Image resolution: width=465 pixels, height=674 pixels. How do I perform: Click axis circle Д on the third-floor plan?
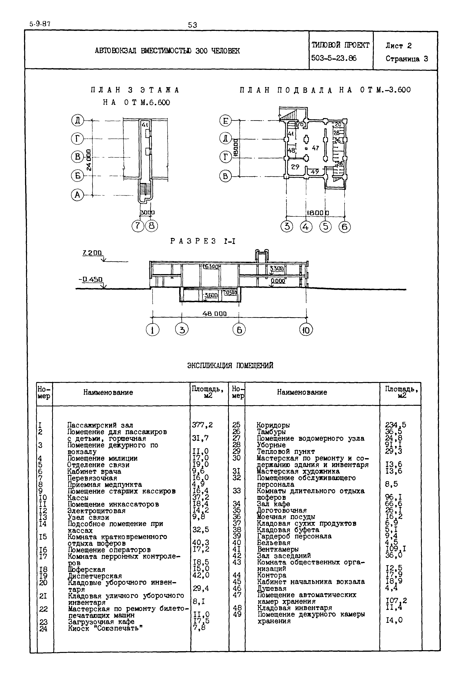78,120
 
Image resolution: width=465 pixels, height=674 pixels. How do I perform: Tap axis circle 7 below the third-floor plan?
138,226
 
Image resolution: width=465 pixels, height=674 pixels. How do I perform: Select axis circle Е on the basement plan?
225,121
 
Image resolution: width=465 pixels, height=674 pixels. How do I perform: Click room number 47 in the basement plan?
316,148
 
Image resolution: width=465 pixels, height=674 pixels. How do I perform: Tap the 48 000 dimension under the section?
214,313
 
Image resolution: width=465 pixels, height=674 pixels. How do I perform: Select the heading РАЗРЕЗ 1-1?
203,241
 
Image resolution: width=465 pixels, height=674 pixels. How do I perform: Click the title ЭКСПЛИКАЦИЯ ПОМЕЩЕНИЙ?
230,366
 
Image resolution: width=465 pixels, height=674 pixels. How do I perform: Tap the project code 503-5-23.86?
334,58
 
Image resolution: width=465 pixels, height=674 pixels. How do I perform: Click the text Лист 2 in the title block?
399,46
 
